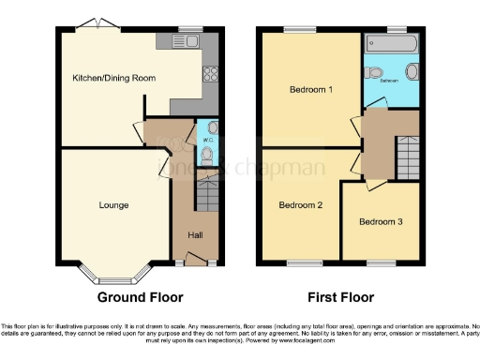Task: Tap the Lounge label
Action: coord(113,204)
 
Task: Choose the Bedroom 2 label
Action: coord(300,204)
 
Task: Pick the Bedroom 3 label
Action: coord(381,222)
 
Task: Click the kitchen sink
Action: coord(185,41)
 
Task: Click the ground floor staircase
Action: coord(207,196)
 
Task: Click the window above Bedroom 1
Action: coord(300,29)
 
